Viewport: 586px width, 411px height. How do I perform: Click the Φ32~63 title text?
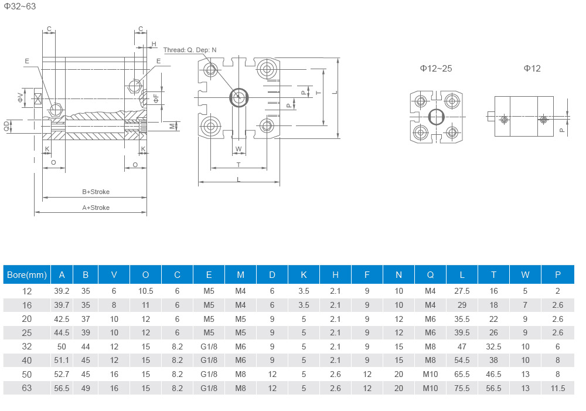(19, 7)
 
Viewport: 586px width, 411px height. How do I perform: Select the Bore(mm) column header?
(26, 274)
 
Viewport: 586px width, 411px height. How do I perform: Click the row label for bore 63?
(27, 388)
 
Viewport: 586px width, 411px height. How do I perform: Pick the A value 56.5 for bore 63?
(62, 388)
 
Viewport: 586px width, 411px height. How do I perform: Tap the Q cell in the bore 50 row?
(430, 374)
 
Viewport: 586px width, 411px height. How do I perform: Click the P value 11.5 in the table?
(557, 388)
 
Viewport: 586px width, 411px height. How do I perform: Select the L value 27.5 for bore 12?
(462, 291)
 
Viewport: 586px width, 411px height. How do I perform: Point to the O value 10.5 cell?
(145, 291)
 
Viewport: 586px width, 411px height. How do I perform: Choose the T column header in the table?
(493, 274)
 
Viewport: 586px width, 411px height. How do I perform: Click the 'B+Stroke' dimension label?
(96, 192)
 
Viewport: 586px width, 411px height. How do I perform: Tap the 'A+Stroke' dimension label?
(96, 208)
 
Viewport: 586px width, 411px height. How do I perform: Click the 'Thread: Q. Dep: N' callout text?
(190, 50)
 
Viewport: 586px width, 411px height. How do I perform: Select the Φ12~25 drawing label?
(436, 69)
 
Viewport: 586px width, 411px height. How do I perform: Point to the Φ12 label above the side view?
(532, 69)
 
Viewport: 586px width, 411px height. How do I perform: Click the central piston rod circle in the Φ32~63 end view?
(239, 98)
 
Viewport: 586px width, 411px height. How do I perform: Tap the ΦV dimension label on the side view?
(20, 97)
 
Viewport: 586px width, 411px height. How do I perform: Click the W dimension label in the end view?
(239, 149)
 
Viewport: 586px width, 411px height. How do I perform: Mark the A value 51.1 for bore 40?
(62, 360)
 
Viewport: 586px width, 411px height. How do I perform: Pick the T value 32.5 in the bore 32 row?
(493, 347)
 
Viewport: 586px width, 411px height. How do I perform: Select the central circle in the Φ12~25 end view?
(436, 117)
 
